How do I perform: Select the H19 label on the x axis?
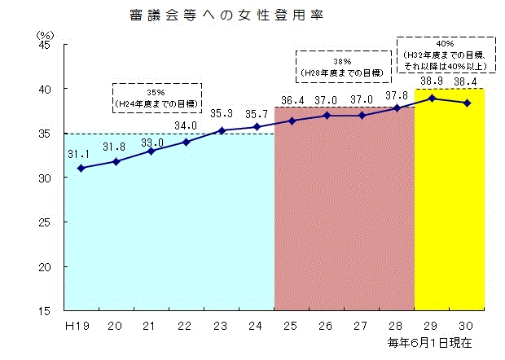tap(77, 326)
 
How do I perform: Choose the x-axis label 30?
tap(467, 326)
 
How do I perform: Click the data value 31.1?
tap(78, 153)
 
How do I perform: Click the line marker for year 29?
tap(433, 99)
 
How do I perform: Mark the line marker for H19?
tap(81, 168)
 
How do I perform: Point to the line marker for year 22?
tap(187, 142)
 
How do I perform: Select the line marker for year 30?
tap(467, 103)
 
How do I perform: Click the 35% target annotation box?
tap(157, 98)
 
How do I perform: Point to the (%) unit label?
tap(45, 35)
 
